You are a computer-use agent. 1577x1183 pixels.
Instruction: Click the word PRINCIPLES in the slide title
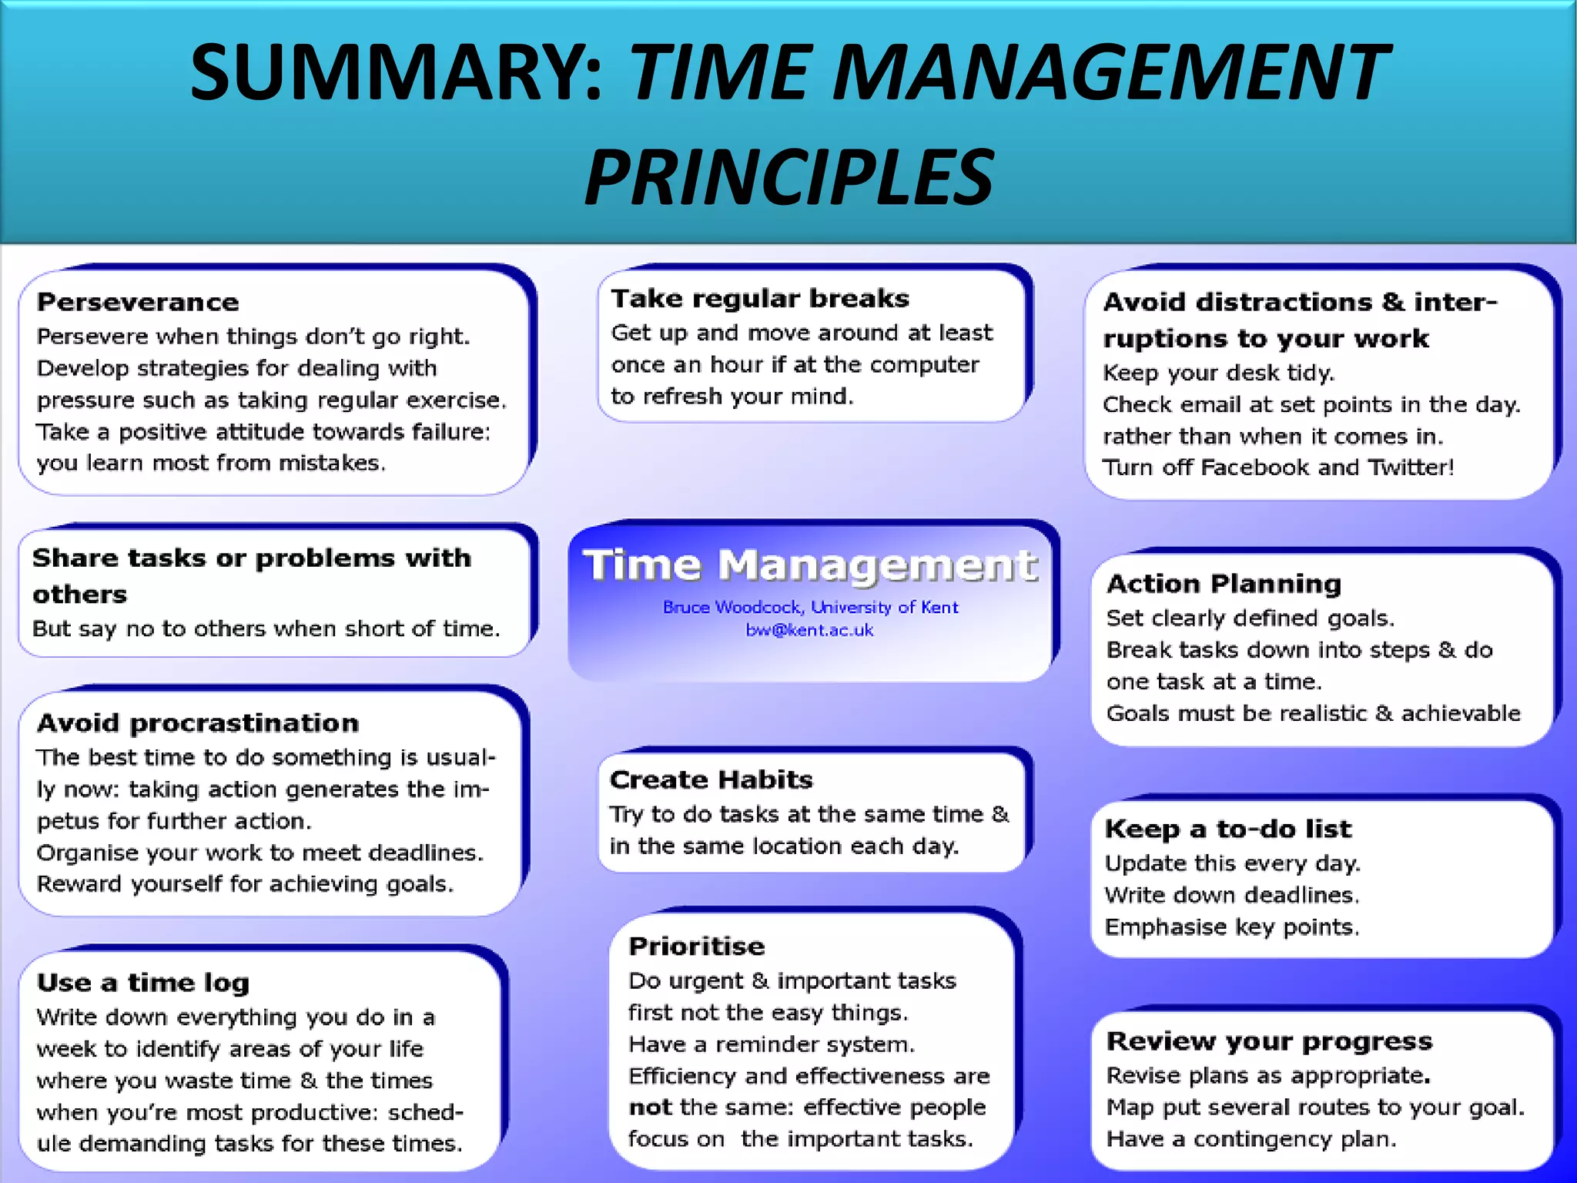[788, 179]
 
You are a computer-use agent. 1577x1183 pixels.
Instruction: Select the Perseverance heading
[138, 302]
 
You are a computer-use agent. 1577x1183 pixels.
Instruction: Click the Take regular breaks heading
[760, 298]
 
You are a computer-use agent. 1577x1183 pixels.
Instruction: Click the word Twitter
[1410, 468]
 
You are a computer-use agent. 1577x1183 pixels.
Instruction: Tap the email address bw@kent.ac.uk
[809, 630]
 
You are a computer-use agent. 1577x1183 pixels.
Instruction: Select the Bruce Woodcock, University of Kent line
[810, 607]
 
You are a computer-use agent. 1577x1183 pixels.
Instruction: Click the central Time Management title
[810, 565]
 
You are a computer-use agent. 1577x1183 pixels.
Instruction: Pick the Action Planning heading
[1224, 584]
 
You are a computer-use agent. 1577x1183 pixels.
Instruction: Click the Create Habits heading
[711, 779]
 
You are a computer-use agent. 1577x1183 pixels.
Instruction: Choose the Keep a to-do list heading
[1227, 829]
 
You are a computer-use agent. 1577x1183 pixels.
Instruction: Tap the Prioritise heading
[696, 946]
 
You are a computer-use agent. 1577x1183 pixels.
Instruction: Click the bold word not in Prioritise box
[650, 1108]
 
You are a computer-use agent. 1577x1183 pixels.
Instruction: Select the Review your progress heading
[1269, 1041]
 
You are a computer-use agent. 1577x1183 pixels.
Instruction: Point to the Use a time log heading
[143, 983]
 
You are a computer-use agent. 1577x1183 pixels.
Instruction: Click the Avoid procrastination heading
[198, 723]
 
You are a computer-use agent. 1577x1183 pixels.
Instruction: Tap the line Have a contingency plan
[1251, 1139]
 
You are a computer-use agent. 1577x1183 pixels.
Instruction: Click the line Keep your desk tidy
[1218, 373]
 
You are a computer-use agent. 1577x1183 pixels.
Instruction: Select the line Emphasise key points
[1231, 927]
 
